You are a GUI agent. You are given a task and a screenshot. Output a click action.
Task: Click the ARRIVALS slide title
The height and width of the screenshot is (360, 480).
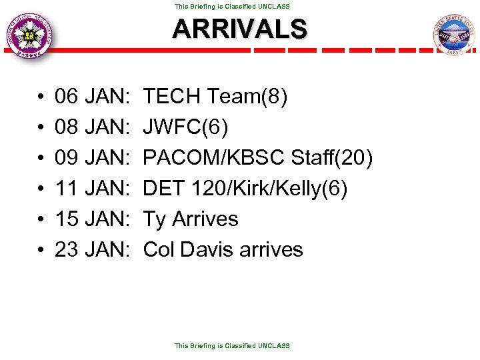coord(240,29)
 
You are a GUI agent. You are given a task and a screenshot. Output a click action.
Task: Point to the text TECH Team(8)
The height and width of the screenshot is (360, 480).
coord(215,97)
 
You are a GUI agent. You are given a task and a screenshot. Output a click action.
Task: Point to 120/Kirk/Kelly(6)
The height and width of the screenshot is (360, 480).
coord(269,189)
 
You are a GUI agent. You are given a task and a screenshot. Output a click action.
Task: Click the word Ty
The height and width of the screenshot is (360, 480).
coord(155,219)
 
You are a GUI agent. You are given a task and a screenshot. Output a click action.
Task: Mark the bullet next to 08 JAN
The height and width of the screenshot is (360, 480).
coord(41,128)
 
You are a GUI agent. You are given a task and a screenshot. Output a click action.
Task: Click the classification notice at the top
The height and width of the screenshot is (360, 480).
coord(232,6)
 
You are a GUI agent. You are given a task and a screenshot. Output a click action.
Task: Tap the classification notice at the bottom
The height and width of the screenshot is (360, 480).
coord(232,346)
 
